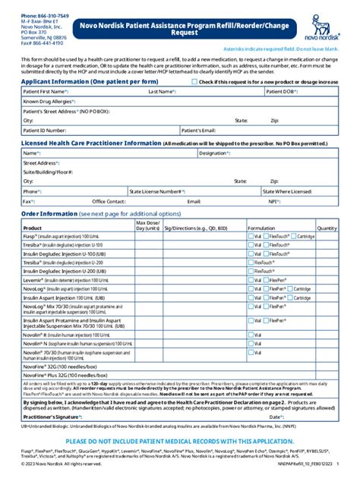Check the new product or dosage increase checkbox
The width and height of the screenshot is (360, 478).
195,81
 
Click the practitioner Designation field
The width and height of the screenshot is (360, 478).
281,153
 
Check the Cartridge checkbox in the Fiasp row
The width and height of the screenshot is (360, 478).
294,237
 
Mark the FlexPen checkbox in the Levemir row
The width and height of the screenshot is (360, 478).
267,280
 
